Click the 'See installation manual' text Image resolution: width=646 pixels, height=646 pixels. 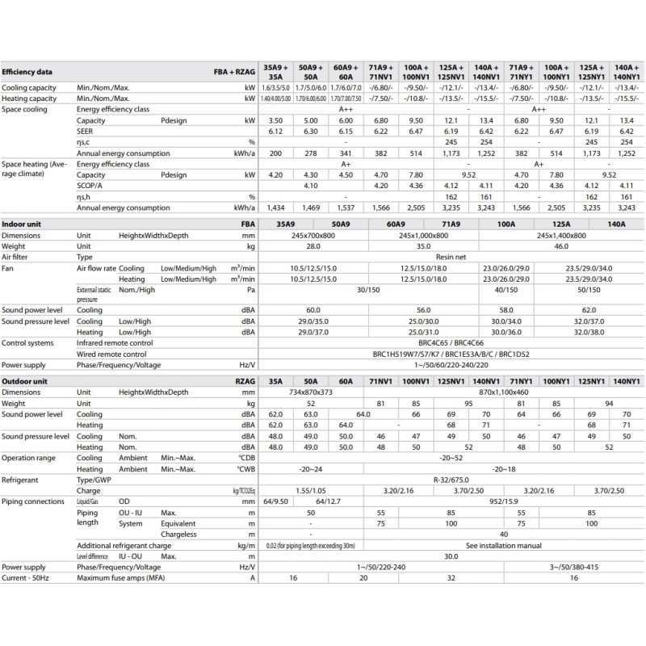(x=500, y=545)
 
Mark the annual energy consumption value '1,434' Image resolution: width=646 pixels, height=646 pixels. (x=276, y=208)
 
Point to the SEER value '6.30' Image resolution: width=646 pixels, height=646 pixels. (x=308, y=130)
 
